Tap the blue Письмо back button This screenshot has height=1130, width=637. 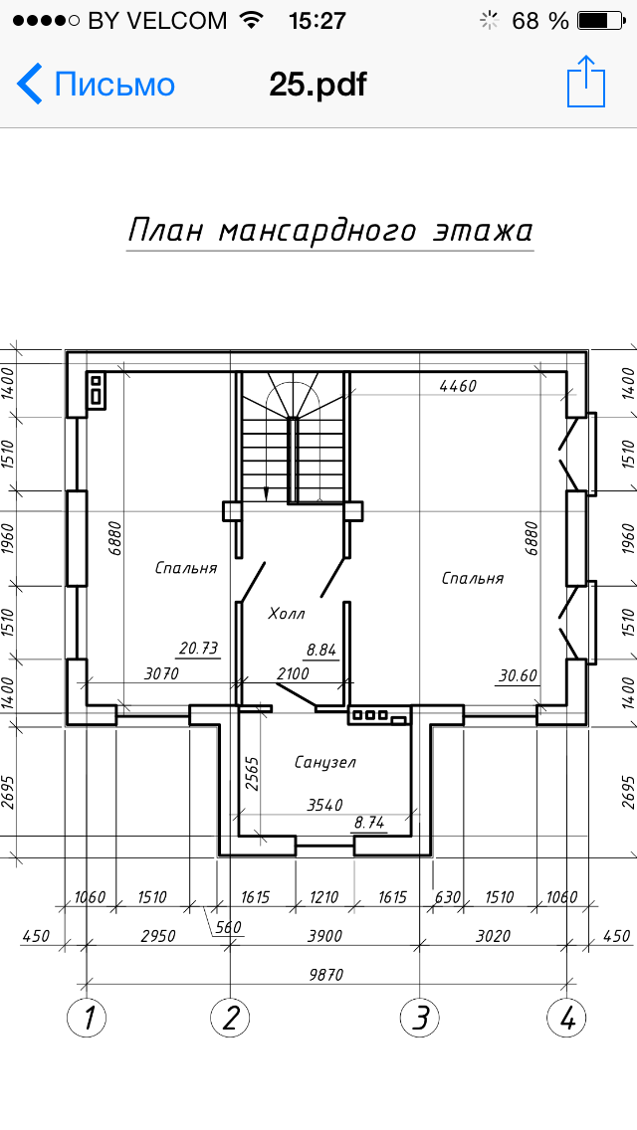(x=96, y=85)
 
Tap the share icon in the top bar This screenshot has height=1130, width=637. (x=586, y=82)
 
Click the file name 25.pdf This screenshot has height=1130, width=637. (x=318, y=85)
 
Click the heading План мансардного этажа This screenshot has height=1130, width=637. (x=330, y=231)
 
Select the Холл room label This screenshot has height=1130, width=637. (x=287, y=614)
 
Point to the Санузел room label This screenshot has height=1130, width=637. (x=324, y=762)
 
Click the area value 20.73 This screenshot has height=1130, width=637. (x=198, y=648)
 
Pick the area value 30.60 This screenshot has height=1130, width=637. (x=518, y=675)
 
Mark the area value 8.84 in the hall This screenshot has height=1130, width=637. (x=321, y=650)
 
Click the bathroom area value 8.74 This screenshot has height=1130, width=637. (x=368, y=823)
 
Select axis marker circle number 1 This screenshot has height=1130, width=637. (x=87, y=1019)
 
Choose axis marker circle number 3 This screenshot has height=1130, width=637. (x=420, y=1019)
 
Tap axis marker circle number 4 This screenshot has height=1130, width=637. (x=566, y=1019)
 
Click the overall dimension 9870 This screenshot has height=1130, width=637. (x=326, y=975)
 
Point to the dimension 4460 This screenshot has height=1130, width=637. (x=458, y=386)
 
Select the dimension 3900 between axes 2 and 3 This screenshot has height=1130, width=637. (x=324, y=936)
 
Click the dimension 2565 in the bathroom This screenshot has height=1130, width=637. (x=252, y=774)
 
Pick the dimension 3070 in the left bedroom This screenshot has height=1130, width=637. (x=161, y=673)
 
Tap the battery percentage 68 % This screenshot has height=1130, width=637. (x=540, y=21)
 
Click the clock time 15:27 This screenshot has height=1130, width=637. (x=318, y=21)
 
